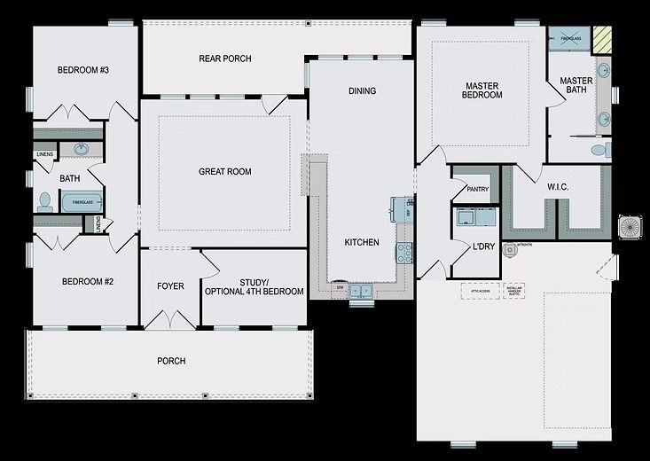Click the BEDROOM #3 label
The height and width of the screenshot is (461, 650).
point(83,70)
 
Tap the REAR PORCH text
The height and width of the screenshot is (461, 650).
point(224,59)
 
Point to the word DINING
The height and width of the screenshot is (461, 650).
point(362,90)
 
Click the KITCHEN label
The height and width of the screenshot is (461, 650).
point(362,242)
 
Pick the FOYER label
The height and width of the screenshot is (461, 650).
point(170,286)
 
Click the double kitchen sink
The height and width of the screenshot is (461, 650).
point(360,291)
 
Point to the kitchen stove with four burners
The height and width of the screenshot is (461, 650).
point(404,252)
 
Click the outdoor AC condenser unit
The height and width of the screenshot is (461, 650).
point(630,227)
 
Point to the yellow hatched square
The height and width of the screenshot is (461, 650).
point(604,38)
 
